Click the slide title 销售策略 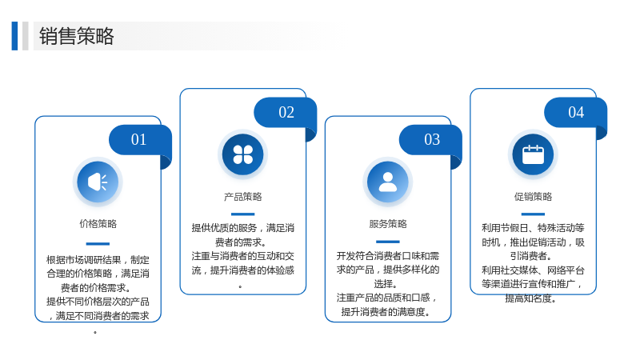click(x=76, y=36)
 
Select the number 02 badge click(x=286, y=112)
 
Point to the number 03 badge click(x=430, y=139)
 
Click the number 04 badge click(x=575, y=112)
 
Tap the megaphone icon click(x=98, y=182)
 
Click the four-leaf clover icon click(x=243, y=154)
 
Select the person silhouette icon click(x=388, y=182)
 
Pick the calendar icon click(x=533, y=154)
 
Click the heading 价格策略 click(x=98, y=224)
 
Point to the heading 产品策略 click(x=243, y=197)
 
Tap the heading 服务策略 click(x=388, y=224)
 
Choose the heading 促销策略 click(x=533, y=197)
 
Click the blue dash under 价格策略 click(x=98, y=244)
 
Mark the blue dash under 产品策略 click(x=243, y=214)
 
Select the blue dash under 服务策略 click(x=388, y=242)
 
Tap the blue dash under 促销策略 click(x=533, y=214)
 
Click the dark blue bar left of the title click(x=14, y=36)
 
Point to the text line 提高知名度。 click(x=530, y=298)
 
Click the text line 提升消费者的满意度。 click(x=386, y=312)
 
